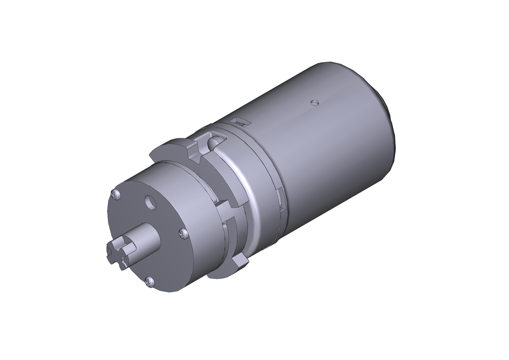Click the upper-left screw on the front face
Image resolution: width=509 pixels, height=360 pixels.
click(116, 193)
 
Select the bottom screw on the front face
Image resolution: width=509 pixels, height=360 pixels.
click(149, 280)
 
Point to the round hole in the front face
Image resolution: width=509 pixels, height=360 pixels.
click(151, 203)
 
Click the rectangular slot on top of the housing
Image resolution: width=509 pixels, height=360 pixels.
click(238, 121)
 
